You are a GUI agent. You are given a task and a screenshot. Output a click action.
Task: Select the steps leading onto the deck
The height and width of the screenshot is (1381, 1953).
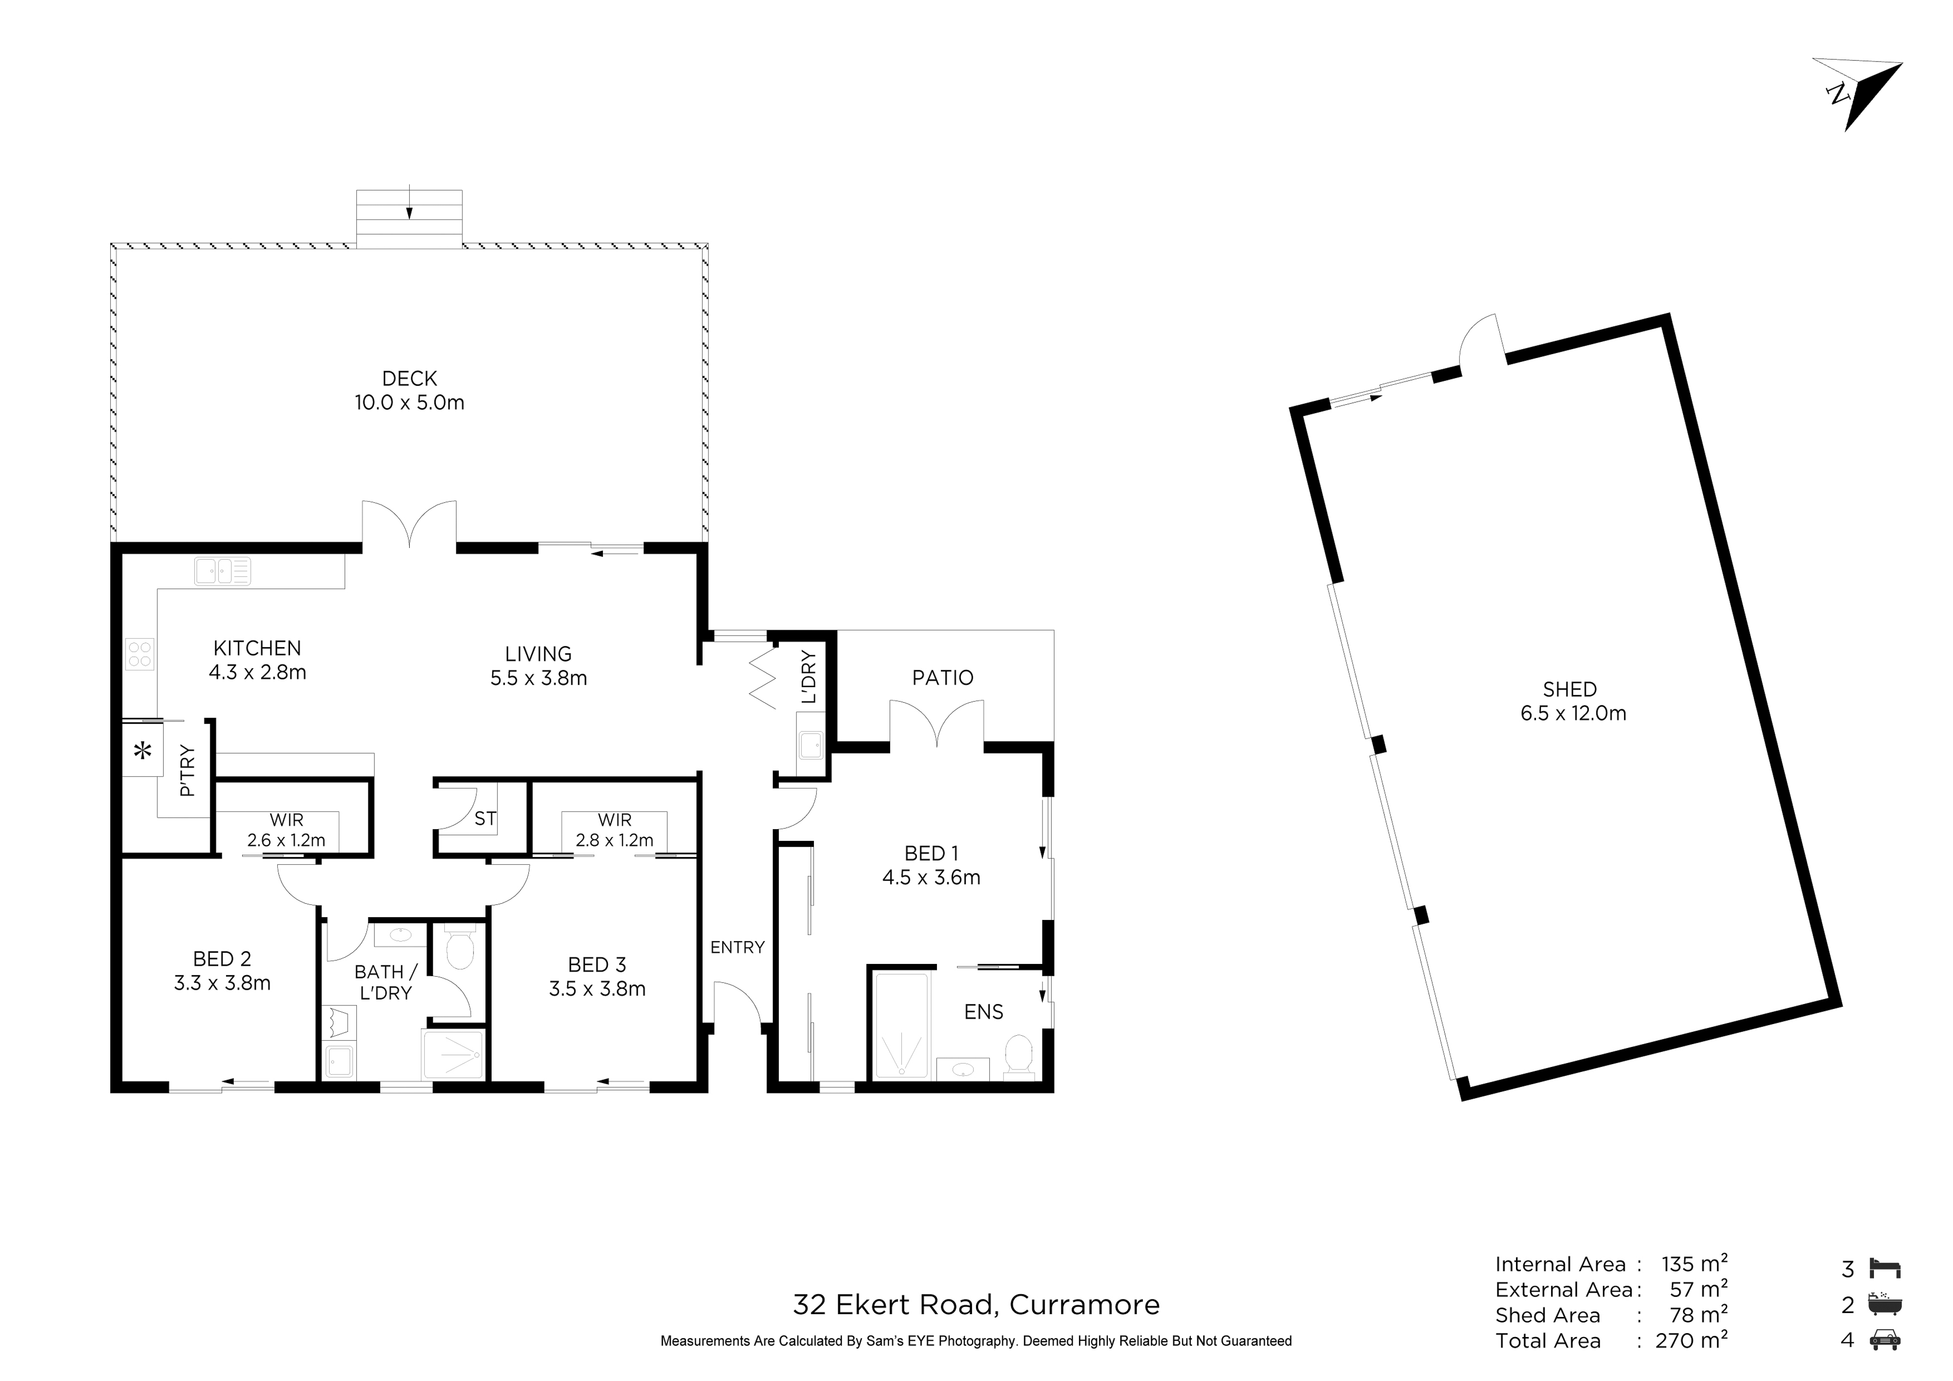tap(409, 219)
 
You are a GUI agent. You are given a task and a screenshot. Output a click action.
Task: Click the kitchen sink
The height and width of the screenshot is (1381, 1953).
tap(222, 571)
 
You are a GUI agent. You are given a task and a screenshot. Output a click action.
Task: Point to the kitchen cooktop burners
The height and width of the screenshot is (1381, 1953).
tap(140, 653)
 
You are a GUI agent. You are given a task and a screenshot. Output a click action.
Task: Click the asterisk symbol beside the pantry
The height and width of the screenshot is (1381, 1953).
tap(143, 751)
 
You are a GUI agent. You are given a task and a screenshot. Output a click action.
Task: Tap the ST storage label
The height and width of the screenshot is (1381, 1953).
tap(485, 818)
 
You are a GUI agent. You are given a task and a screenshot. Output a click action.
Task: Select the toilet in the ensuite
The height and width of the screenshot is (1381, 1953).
tap(1018, 1056)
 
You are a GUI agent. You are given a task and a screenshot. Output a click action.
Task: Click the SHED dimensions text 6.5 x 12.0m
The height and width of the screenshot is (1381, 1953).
tap(1573, 713)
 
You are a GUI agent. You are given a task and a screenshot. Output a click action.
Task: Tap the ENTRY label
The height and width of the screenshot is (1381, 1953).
tap(737, 947)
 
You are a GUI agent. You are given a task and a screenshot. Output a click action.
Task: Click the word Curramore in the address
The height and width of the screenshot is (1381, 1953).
tap(1084, 1304)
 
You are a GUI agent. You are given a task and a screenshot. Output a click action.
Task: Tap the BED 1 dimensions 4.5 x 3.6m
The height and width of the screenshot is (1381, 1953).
tap(932, 877)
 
